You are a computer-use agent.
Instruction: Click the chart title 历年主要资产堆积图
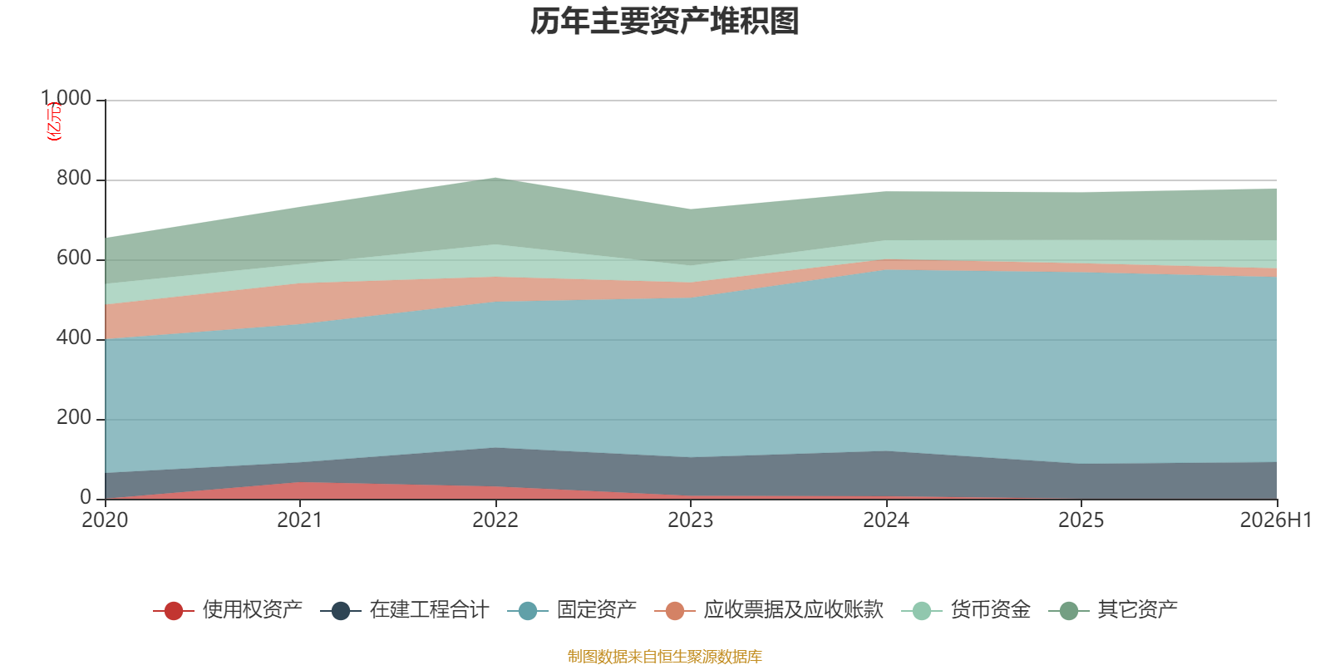664,22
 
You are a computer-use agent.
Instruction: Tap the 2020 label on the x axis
105,520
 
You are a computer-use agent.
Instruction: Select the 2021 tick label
300,520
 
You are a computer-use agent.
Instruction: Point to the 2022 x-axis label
495,520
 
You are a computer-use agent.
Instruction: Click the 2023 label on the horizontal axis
691,520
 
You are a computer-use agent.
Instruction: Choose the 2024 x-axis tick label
886,520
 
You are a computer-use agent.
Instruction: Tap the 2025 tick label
1081,520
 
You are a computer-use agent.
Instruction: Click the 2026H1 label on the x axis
1275,520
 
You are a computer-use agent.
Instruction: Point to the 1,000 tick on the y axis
66,98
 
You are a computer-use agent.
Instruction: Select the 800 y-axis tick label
74,178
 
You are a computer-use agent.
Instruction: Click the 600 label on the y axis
74,258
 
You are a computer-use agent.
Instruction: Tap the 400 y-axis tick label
74,337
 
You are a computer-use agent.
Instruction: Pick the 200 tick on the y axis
74,417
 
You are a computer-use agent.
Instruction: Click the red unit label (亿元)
54,121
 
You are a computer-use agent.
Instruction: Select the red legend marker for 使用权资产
174,610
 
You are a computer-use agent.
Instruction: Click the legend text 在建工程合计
429,610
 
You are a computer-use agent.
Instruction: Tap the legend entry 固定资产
597,610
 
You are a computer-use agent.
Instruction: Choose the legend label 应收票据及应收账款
794,610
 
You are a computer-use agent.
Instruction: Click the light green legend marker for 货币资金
922,610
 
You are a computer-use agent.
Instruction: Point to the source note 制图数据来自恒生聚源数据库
664,656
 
